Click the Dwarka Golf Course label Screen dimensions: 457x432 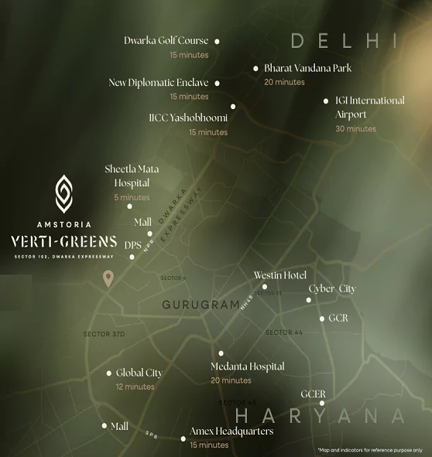tap(166, 41)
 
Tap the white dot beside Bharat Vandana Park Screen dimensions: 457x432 tap(255, 69)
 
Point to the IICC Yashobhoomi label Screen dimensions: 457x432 tap(188, 118)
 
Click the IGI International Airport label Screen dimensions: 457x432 tap(369, 107)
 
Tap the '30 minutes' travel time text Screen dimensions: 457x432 tap(355, 129)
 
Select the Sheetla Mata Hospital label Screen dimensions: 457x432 tap(127, 176)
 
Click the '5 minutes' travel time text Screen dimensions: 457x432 tap(132, 198)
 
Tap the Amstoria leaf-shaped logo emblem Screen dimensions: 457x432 tap(65, 193)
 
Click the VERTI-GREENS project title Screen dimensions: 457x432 tap(64, 241)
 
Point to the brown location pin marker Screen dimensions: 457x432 tap(110, 278)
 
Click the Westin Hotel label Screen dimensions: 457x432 tap(280, 275)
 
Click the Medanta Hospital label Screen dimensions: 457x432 tap(247, 367)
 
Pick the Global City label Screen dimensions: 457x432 tap(139, 373)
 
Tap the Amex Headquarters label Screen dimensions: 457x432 tap(231, 431)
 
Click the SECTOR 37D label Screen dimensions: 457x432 tap(104, 334)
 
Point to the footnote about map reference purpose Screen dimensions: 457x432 tap(369, 450)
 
